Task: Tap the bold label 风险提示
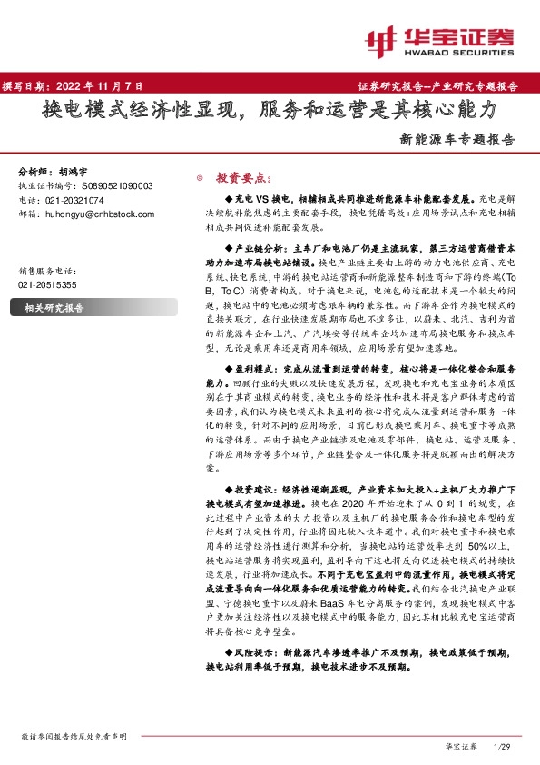tap(254, 651)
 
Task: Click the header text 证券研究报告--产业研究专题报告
tap(445, 86)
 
